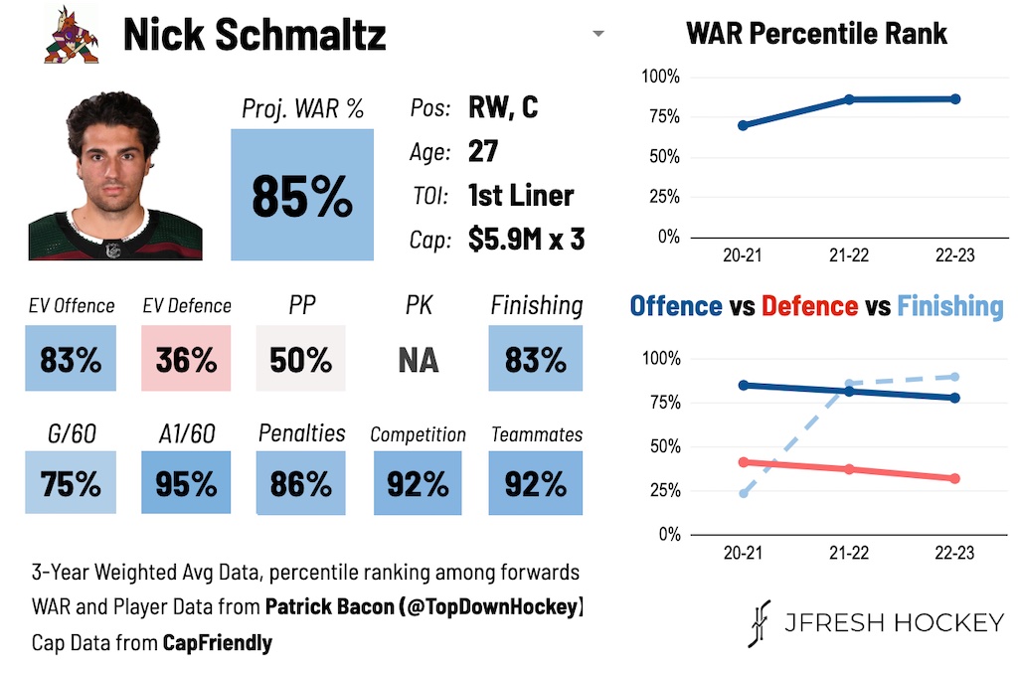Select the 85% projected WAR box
(x=302, y=195)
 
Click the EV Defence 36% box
(x=186, y=359)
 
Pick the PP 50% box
(x=301, y=359)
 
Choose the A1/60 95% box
(x=186, y=483)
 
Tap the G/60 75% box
(x=71, y=483)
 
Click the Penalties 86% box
(x=301, y=483)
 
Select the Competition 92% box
(x=419, y=483)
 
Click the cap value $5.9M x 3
(x=526, y=240)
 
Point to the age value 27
(x=483, y=151)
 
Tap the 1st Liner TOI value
(x=521, y=195)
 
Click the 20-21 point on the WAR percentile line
(x=743, y=125)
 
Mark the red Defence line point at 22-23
(x=955, y=478)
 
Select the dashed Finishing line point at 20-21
(x=743, y=493)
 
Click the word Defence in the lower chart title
(x=810, y=306)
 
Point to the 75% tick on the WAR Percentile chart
(x=660, y=117)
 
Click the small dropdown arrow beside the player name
(x=597, y=35)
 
